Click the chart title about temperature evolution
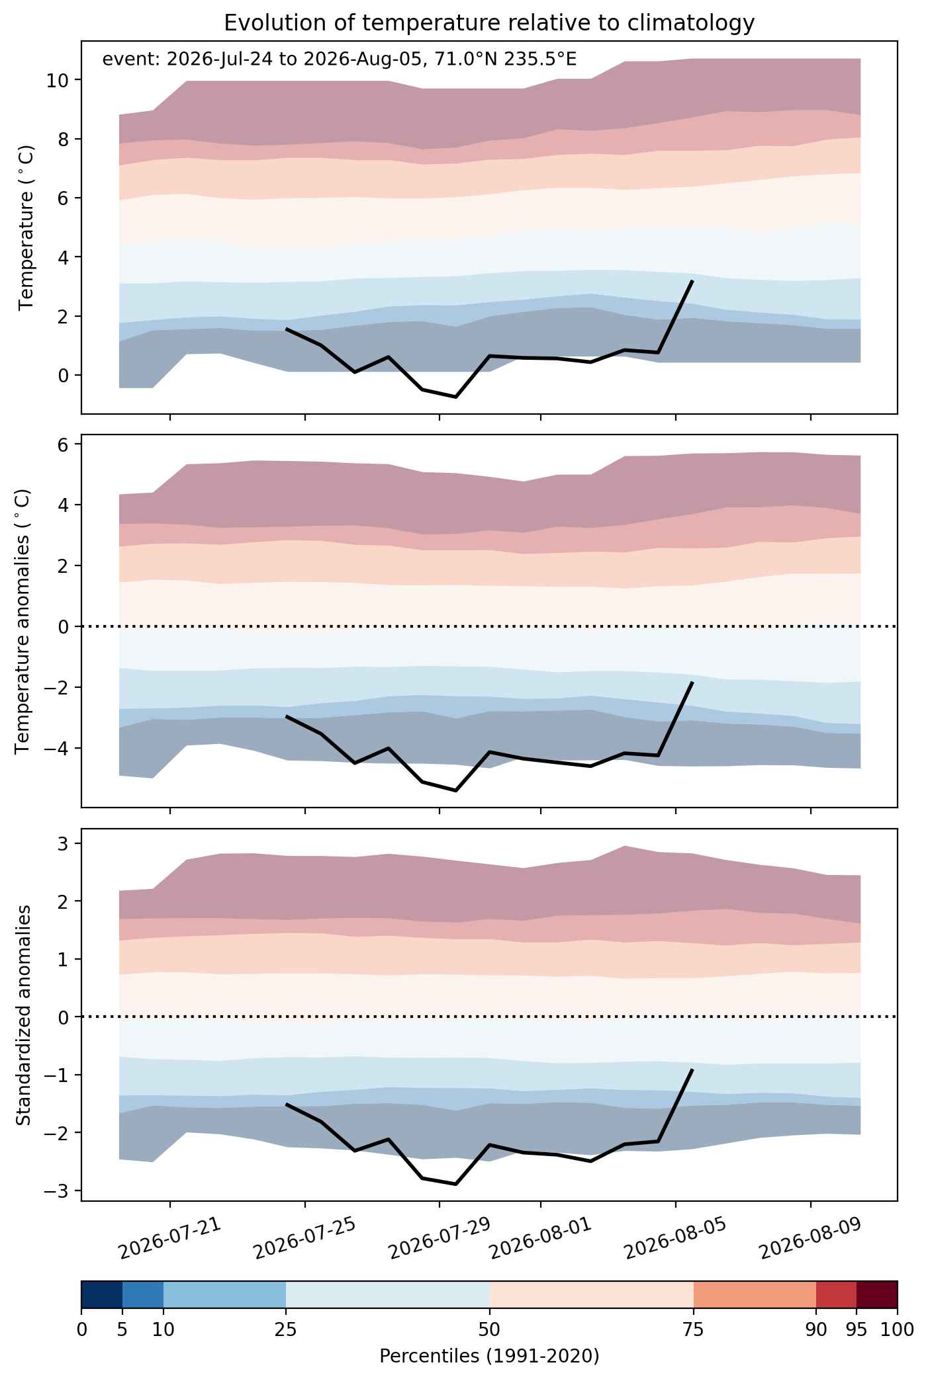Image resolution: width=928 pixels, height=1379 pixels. pos(489,23)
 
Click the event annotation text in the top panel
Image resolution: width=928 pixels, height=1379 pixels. pos(340,60)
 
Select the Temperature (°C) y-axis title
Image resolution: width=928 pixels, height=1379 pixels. pos(26,228)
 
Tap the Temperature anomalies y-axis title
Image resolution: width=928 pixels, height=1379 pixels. pos(23,620)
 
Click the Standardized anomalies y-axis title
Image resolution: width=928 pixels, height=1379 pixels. pos(23,1014)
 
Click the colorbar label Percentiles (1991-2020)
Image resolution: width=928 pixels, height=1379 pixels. pos(489,1357)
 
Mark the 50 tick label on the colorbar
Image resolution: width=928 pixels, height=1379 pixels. pos(490,1329)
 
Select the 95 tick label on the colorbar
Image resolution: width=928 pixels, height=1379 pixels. pos(857,1329)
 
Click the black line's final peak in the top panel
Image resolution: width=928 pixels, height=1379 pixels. pos(692,281)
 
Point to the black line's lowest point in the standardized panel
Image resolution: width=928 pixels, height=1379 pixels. pos(456,1184)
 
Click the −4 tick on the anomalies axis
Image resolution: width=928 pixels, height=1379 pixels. pos(64,748)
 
